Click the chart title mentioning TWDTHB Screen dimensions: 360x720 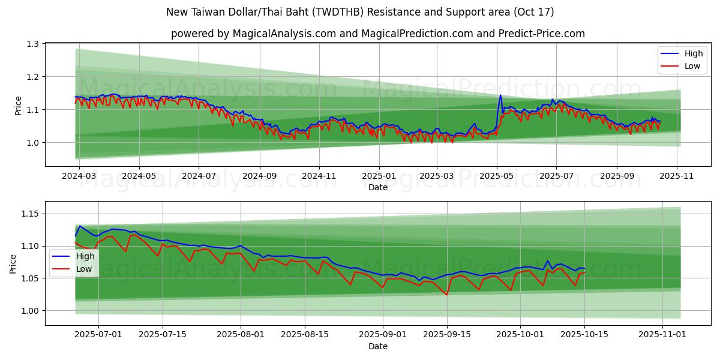click(360, 12)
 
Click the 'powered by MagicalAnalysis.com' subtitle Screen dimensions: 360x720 click(378, 34)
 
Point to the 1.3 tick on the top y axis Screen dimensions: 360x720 click(32, 44)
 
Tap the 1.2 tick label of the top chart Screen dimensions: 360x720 click(32, 77)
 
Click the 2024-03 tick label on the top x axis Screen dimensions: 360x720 click(80, 176)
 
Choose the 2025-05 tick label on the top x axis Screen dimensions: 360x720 click(497, 176)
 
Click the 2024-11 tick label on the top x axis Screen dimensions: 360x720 click(319, 176)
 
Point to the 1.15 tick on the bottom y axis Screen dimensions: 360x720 click(29, 214)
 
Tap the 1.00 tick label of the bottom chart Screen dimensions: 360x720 click(29, 311)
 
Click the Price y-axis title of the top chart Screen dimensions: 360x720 click(19, 106)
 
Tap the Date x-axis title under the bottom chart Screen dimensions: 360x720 click(378, 346)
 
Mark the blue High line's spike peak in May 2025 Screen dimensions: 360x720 click(500, 95)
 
